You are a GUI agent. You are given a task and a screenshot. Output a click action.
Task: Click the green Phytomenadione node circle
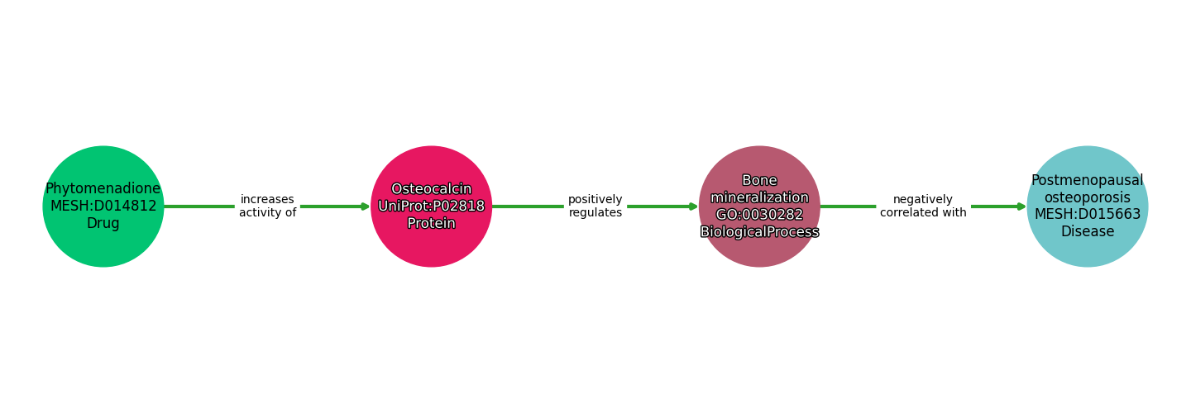click(103, 206)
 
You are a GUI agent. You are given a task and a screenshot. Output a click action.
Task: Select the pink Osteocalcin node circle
click(431, 206)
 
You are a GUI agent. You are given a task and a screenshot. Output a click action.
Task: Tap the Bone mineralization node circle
click(759, 206)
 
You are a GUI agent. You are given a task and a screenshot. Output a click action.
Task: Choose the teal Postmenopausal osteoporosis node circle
click(1088, 206)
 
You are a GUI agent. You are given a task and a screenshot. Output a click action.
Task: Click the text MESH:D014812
click(103, 206)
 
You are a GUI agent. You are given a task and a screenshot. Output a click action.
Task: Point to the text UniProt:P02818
click(431, 206)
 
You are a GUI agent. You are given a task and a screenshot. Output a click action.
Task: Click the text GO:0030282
click(759, 215)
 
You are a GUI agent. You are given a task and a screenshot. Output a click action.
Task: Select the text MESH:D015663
click(1088, 215)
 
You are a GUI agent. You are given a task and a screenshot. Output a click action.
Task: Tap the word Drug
click(103, 224)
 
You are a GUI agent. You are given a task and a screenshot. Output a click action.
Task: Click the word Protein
click(431, 223)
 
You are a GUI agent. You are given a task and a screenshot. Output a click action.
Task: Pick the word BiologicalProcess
click(759, 231)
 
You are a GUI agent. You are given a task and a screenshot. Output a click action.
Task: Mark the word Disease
click(1088, 231)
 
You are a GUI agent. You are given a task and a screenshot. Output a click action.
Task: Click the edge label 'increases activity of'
click(267, 206)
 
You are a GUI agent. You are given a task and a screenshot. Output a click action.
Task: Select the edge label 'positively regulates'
click(595, 206)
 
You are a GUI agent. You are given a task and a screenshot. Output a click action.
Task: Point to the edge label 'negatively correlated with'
click(923, 206)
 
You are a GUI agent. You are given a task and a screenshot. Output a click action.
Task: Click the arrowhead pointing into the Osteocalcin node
click(366, 206)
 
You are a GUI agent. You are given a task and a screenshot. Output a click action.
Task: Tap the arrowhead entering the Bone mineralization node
click(693, 206)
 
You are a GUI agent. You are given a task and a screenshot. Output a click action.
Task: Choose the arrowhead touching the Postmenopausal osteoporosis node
click(1021, 206)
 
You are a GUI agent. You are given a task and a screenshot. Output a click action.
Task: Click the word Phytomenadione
click(103, 189)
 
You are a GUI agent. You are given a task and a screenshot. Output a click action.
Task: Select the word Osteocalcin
click(431, 189)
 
